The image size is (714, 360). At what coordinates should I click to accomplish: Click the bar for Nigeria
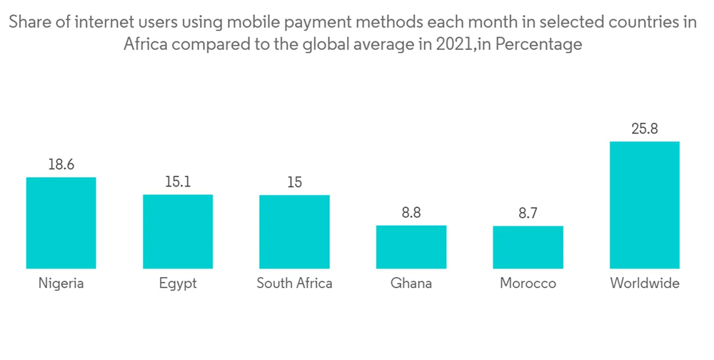tap(61, 223)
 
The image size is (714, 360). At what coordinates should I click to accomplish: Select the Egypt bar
tap(178, 231)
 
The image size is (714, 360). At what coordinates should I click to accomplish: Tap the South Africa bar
tap(294, 231)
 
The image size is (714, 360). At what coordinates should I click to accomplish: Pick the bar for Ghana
tap(411, 247)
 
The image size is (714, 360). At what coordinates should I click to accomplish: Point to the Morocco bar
tap(528, 247)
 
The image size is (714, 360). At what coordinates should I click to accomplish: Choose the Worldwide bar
tap(644, 205)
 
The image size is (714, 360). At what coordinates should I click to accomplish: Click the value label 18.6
tap(61, 165)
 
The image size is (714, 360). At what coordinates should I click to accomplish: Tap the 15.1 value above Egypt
tap(178, 182)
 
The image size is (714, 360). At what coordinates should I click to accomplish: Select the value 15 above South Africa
tap(294, 182)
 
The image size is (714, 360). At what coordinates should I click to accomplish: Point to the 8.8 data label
tap(411, 213)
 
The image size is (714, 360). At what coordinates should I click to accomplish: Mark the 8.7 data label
tap(528, 214)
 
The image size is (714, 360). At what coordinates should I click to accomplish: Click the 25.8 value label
tap(644, 129)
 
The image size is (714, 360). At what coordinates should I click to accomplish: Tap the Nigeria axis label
tap(61, 284)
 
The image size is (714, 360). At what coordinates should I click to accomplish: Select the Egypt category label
tap(178, 284)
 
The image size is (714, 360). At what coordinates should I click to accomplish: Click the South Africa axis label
tap(294, 284)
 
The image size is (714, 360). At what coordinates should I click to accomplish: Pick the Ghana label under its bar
tap(411, 284)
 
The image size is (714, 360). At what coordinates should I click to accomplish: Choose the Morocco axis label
tap(528, 284)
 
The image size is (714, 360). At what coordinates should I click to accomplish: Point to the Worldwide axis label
tap(644, 284)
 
